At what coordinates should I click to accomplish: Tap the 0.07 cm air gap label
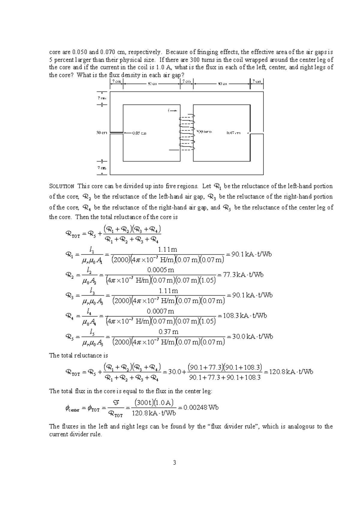233,133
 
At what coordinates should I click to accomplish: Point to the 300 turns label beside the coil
204,132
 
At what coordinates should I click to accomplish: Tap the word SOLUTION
61,186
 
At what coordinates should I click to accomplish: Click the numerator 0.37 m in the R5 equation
168,332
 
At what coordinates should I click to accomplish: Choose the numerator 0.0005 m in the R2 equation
163,270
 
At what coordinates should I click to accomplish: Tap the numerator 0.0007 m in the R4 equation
163,311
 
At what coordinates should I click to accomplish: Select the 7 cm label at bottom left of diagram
102,168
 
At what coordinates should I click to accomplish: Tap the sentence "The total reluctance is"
78,356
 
